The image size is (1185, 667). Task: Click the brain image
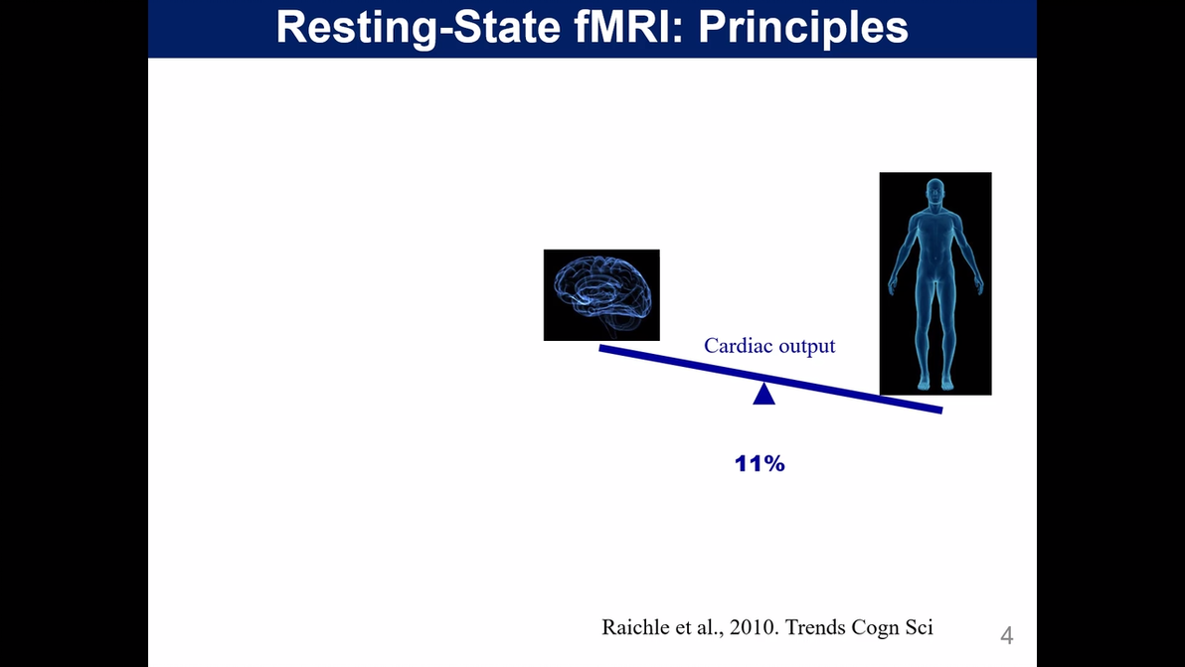click(601, 294)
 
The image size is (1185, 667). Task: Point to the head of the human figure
click(934, 191)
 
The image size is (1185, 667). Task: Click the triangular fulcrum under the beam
click(763, 394)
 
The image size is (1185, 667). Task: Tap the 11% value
click(760, 463)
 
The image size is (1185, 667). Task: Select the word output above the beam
click(806, 346)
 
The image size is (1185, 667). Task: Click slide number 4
click(1006, 635)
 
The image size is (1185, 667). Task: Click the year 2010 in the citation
click(747, 627)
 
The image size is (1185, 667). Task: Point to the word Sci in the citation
click(919, 627)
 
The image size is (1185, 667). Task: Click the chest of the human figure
click(934, 239)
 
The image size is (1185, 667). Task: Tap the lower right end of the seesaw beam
click(937, 409)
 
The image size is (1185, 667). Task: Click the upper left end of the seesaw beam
click(602, 348)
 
